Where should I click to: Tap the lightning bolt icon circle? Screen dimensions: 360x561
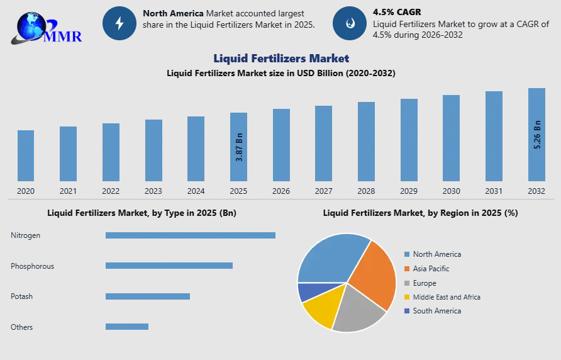(119, 23)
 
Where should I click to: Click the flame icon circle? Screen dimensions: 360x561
(349, 23)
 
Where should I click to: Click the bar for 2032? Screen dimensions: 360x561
(536, 135)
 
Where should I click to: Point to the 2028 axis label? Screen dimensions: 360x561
(366, 191)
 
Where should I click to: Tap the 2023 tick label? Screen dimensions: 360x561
(153, 191)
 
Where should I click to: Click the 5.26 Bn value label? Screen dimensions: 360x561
(537, 134)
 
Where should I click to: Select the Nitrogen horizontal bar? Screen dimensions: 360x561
(190, 235)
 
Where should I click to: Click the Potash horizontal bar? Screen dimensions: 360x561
(147, 296)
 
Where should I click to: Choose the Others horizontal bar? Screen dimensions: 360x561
(126, 327)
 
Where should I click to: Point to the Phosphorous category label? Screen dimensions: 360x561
(32, 266)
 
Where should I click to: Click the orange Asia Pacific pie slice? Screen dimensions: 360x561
(374, 274)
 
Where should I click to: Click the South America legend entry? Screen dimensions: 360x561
(436, 311)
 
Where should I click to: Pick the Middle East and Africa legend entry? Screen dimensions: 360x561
(446, 297)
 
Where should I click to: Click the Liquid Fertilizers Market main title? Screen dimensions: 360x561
(281, 59)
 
